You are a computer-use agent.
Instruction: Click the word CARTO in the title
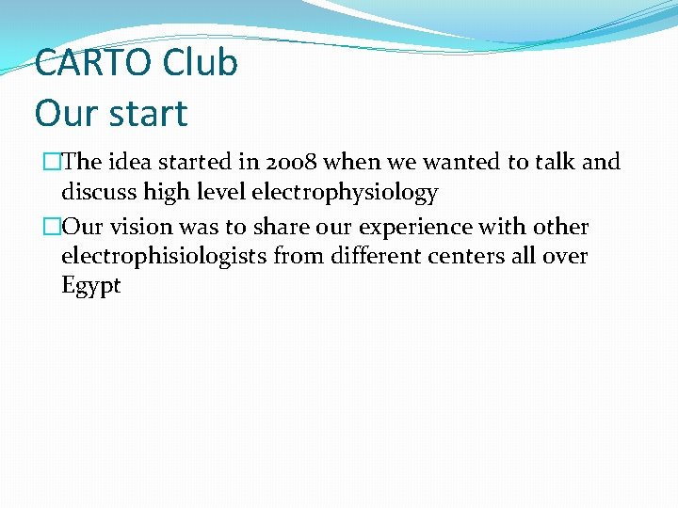[x=92, y=64]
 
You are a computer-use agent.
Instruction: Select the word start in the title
[x=149, y=114]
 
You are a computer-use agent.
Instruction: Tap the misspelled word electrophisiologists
[x=165, y=256]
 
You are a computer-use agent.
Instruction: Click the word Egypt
[x=90, y=286]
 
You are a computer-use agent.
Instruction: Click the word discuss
[x=98, y=194]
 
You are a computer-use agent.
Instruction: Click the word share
[x=280, y=228]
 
